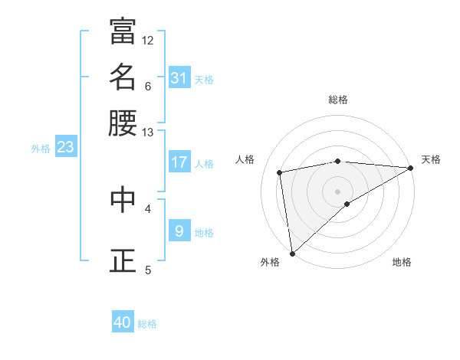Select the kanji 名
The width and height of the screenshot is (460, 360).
(123, 77)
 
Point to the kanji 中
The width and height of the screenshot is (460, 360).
(123, 200)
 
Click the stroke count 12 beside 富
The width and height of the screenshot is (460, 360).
(148, 40)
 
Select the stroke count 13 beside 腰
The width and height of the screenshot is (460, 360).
(148, 133)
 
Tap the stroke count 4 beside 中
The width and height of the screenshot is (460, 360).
(148, 208)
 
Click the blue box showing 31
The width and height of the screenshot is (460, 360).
(179, 77)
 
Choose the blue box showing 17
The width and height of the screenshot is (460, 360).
(179, 162)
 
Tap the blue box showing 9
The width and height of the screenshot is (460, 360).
(179, 231)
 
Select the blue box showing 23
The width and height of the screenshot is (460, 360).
(65, 148)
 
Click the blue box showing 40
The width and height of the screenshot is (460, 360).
(123, 322)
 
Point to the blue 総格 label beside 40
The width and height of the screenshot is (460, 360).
(147, 324)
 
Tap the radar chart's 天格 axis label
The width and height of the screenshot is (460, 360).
(431, 159)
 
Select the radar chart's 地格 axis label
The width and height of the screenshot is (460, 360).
(402, 262)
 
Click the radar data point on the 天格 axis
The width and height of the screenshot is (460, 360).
(410, 168)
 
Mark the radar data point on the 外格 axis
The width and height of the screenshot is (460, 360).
(292, 254)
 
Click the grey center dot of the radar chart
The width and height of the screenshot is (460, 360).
(337, 191)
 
